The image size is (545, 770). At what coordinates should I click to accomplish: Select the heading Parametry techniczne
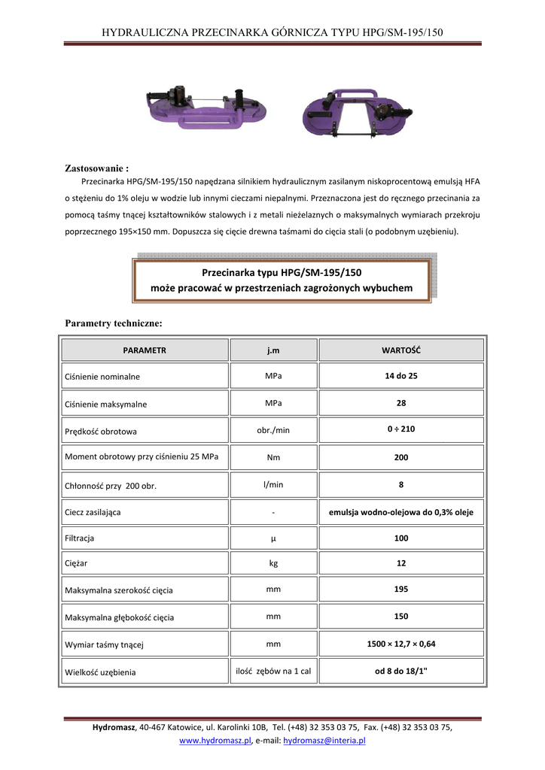pyautogui.click(x=114, y=323)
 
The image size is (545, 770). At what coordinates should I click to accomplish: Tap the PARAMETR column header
pyautogui.click(x=145, y=350)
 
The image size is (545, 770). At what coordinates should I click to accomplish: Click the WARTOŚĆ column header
pyautogui.click(x=400, y=350)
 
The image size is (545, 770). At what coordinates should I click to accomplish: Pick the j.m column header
pyautogui.click(x=273, y=350)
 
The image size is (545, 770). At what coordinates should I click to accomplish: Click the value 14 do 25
pyautogui.click(x=400, y=375)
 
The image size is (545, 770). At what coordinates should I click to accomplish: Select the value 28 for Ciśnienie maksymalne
pyautogui.click(x=400, y=403)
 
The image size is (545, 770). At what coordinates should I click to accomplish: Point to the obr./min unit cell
pyautogui.click(x=273, y=429)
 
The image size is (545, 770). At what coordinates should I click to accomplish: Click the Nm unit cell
pyautogui.click(x=273, y=457)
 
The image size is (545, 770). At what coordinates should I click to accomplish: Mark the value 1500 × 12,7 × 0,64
pyautogui.click(x=400, y=644)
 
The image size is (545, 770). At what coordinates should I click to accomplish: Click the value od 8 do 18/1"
pyautogui.click(x=400, y=671)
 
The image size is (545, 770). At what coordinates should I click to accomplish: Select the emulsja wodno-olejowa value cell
pyautogui.click(x=400, y=512)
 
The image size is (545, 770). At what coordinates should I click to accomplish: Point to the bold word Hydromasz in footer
pyautogui.click(x=114, y=728)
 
